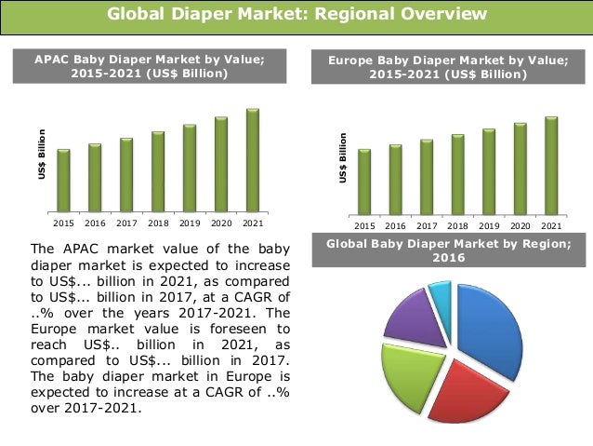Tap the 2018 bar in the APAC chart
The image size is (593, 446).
tap(158, 171)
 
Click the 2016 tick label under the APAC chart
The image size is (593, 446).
tap(95, 223)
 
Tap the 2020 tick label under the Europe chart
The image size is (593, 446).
tap(520, 225)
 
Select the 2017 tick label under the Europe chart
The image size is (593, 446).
tap(426, 225)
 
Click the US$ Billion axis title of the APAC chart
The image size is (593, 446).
tap(42, 155)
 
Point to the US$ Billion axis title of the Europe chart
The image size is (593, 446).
tap(343, 157)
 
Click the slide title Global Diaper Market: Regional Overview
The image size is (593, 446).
tap(296, 14)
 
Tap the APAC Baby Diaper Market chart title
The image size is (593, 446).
tap(149, 66)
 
